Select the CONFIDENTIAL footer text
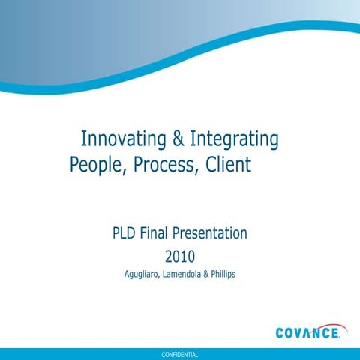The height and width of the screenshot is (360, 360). [x=179, y=353]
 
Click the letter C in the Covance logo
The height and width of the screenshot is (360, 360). [x=281, y=331]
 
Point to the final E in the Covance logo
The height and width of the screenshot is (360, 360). [x=341, y=331]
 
